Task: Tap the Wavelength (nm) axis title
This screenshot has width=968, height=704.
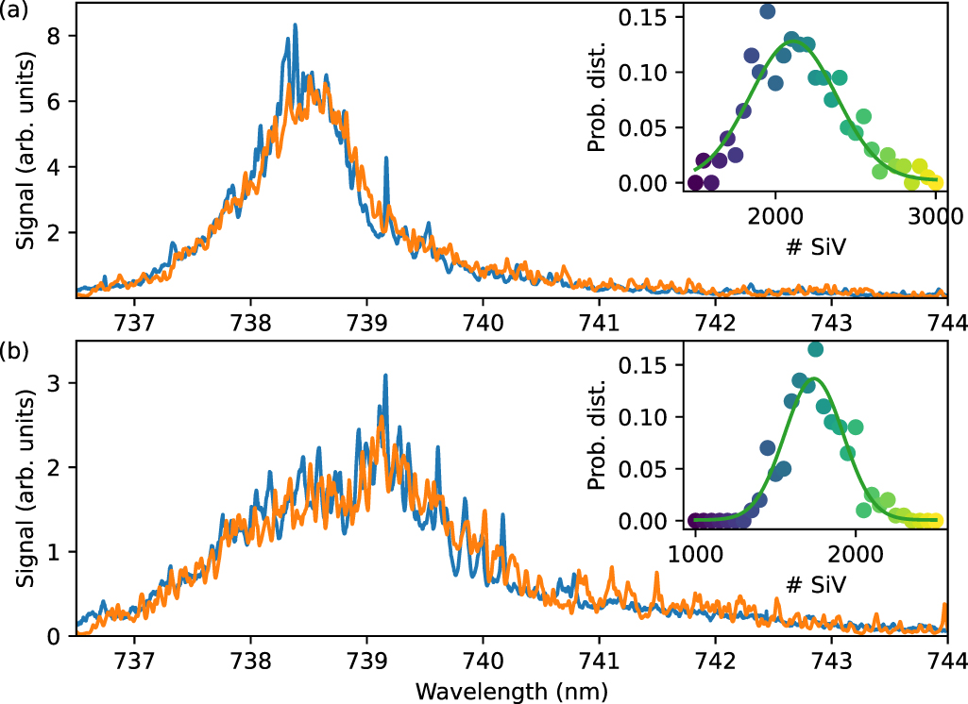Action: (511, 689)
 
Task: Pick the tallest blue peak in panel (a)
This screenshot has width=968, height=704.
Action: (295, 25)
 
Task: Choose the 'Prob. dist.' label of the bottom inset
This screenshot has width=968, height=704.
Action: (596, 436)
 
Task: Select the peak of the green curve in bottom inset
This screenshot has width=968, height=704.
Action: (811, 378)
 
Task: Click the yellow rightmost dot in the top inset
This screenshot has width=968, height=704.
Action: (935, 182)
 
